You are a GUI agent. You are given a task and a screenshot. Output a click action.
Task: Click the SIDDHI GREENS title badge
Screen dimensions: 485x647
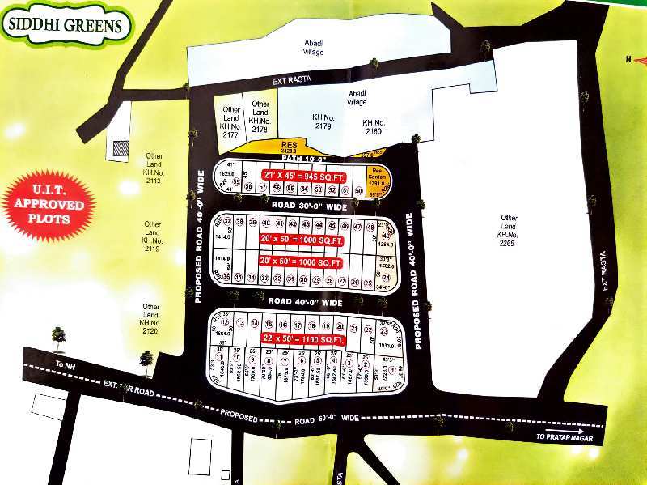click(x=67, y=25)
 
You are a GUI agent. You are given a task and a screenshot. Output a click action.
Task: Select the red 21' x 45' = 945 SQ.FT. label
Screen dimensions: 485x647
click(x=304, y=174)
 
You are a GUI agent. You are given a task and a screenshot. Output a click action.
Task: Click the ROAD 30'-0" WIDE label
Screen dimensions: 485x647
click(x=308, y=206)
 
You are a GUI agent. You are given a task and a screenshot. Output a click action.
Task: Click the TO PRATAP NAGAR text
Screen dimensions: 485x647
click(x=567, y=436)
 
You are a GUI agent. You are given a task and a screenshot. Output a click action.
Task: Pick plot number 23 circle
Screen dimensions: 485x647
click(x=384, y=331)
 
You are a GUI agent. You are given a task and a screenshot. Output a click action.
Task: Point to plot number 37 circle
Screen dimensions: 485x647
click(x=228, y=222)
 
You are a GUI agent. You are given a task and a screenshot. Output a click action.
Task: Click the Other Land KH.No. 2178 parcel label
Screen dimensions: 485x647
click(x=260, y=117)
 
